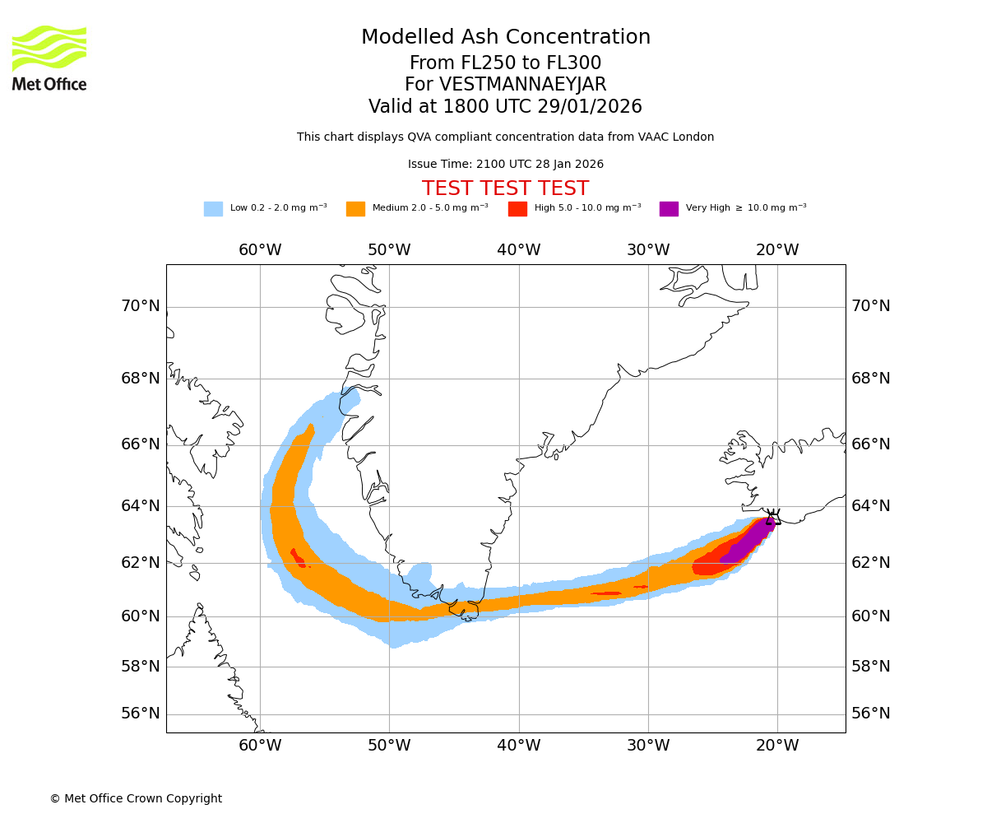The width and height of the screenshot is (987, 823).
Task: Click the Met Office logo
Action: pyautogui.click(x=49, y=58)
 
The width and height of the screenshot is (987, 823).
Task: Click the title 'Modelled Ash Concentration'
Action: pyautogui.click(x=505, y=38)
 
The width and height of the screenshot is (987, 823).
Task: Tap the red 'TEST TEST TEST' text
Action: pyautogui.click(x=505, y=189)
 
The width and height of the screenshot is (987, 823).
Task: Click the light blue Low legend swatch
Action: pyautogui.click(x=213, y=209)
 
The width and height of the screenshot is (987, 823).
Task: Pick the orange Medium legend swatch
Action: pyautogui.click(x=355, y=209)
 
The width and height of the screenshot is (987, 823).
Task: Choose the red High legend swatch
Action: pyautogui.click(x=517, y=209)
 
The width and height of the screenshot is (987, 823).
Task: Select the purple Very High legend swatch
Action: pyautogui.click(x=669, y=209)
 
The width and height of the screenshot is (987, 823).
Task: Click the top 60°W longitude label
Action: pyautogui.click(x=260, y=250)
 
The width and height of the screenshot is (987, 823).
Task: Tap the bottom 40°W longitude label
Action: pyautogui.click(x=519, y=746)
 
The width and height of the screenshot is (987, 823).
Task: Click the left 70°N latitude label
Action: pyautogui.click(x=141, y=306)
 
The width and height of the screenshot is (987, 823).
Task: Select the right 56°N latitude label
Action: pyautogui.click(x=871, y=714)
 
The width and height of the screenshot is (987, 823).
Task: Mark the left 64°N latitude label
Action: pyautogui.click(x=141, y=505)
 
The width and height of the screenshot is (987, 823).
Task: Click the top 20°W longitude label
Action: pyautogui.click(x=777, y=250)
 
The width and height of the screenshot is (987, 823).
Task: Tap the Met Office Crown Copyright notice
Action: pyautogui.click(x=136, y=799)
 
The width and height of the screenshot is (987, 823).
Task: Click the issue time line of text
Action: pyautogui.click(x=505, y=165)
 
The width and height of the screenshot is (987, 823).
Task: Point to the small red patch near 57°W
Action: pyautogui.click(x=298, y=558)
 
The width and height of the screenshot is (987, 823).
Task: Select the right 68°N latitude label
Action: pyautogui.click(x=871, y=379)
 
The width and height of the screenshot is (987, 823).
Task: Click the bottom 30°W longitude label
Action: pyautogui.click(x=648, y=746)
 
